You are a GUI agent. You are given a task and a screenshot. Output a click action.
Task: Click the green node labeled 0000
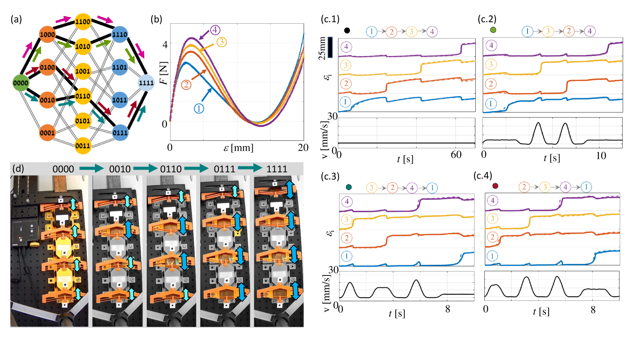coord(21,83)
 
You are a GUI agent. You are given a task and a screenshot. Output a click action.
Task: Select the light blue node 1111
coord(146,83)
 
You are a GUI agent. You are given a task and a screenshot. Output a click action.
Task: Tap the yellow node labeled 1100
coord(83,21)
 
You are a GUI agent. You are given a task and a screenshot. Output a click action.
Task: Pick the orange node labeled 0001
coord(47,133)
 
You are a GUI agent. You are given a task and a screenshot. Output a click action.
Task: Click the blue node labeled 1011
coord(120,100)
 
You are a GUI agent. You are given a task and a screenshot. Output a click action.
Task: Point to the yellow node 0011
coord(83,146)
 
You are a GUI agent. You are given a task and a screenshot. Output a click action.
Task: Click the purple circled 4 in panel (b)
coord(215,30)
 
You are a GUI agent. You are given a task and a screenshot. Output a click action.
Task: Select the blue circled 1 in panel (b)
coord(199,108)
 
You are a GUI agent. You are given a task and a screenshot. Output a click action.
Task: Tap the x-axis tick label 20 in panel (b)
coord(303,148)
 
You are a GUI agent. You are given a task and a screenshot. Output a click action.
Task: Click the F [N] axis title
coord(164,73)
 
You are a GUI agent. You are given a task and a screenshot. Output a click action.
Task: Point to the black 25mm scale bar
coord(330,47)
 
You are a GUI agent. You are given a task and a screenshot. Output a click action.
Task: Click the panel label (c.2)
coord(487,19)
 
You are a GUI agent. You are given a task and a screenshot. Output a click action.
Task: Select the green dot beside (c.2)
coord(493,30)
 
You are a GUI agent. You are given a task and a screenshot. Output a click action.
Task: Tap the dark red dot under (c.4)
coord(495,186)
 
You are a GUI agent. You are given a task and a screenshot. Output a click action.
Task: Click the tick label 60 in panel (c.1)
coord(456,155)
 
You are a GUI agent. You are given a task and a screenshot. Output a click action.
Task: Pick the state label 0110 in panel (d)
coord(171,169)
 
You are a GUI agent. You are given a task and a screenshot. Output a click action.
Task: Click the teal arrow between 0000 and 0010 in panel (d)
coord(91,169)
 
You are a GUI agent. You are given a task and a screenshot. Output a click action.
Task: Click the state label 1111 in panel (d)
coord(277,169)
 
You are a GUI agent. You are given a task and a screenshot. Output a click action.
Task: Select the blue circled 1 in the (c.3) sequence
coord(432,188)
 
